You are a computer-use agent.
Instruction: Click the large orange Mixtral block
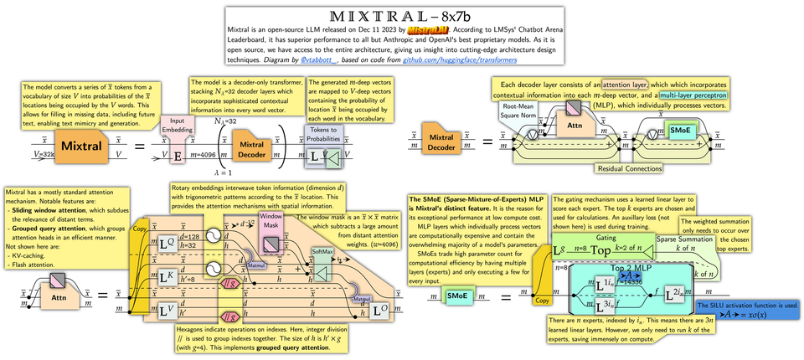click(x=80, y=147)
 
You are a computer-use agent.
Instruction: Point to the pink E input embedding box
click(x=178, y=155)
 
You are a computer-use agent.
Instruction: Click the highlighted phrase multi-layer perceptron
click(x=692, y=96)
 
